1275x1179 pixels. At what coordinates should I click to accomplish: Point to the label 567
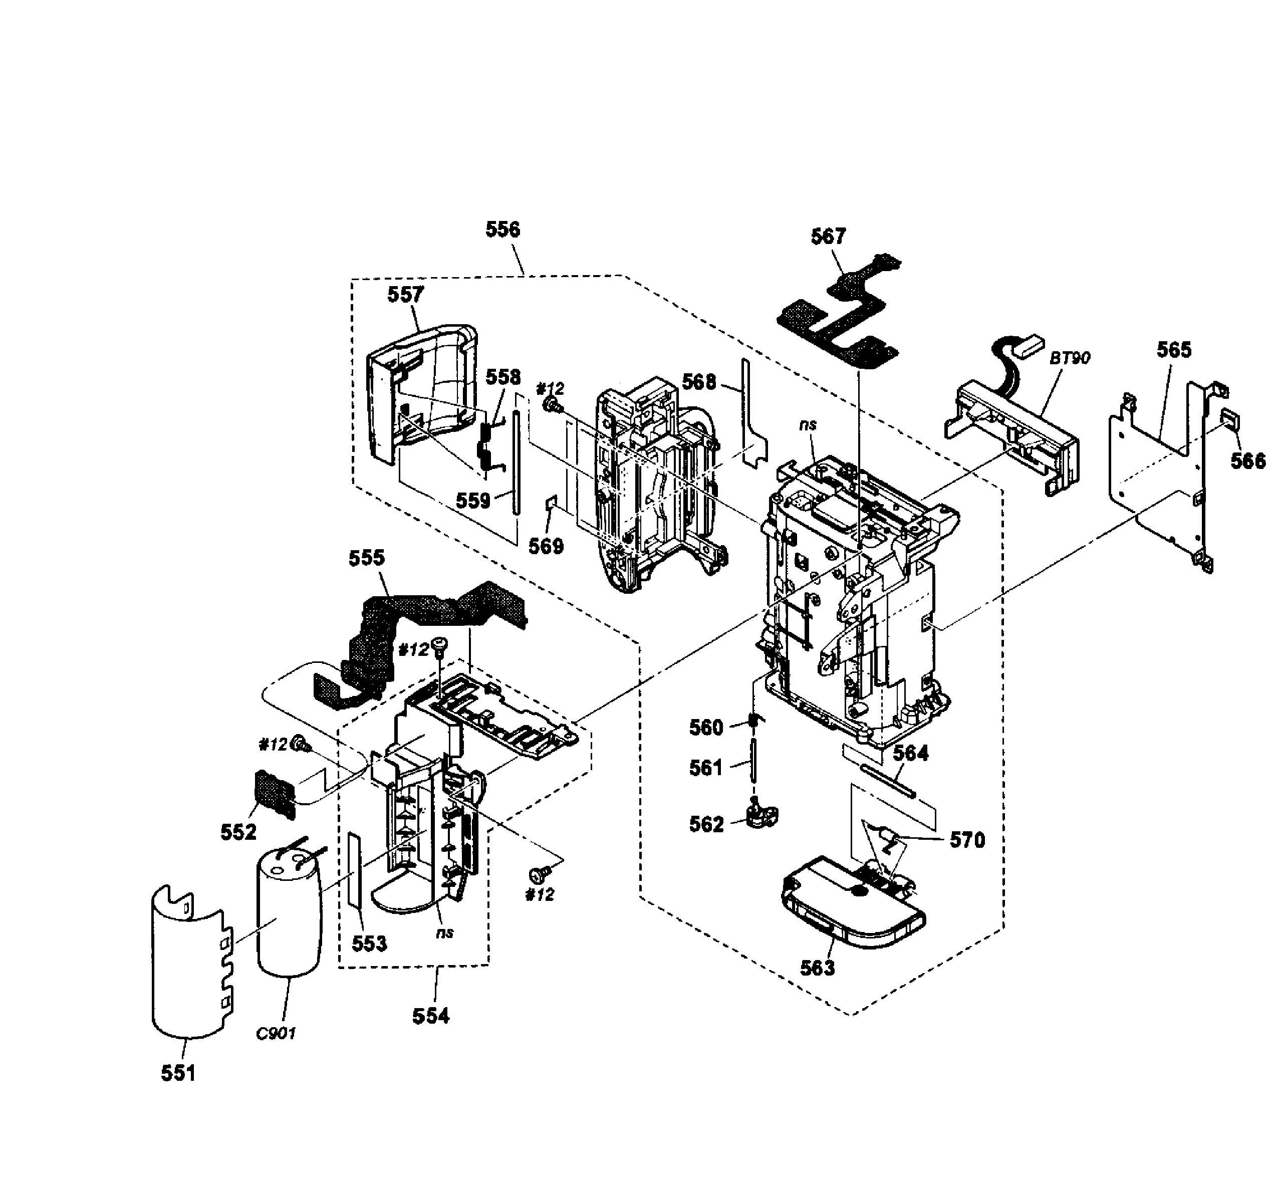(x=828, y=237)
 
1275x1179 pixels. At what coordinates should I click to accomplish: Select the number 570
(x=967, y=840)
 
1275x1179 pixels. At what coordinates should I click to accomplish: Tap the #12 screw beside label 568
(x=552, y=404)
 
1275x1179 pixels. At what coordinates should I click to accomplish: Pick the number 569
(x=546, y=546)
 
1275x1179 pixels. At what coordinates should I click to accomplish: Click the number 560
(x=706, y=728)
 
